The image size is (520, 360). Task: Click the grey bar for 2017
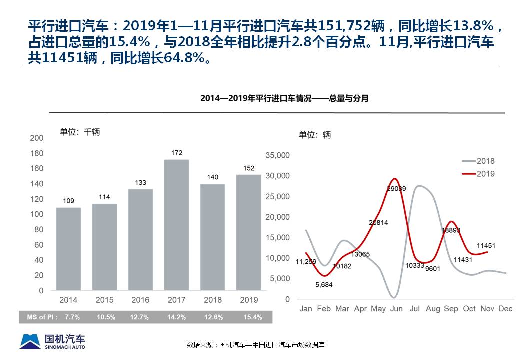pyautogui.click(x=177, y=225)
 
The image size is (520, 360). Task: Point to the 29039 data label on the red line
pyautogui.click(x=396, y=189)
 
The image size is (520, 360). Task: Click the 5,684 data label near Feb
pyautogui.click(x=324, y=284)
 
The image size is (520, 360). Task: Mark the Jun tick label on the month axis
pyautogui.click(x=396, y=309)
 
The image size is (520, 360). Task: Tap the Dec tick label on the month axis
pyautogui.click(x=505, y=309)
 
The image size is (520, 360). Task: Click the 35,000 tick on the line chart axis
pyautogui.click(x=277, y=155)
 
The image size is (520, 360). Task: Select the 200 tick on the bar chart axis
pyautogui.click(x=37, y=138)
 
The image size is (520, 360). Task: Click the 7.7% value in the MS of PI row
pyautogui.click(x=70, y=317)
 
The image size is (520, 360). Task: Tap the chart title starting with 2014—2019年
pyautogui.click(x=284, y=98)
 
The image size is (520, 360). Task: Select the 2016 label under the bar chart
pyautogui.click(x=140, y=300)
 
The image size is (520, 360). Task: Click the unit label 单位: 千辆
pyautogui.click(x=80, y=132)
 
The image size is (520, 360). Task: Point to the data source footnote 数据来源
pyautogui.click(x=256, y=345)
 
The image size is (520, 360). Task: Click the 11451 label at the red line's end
pyautogui.click(x=486, y=245)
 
